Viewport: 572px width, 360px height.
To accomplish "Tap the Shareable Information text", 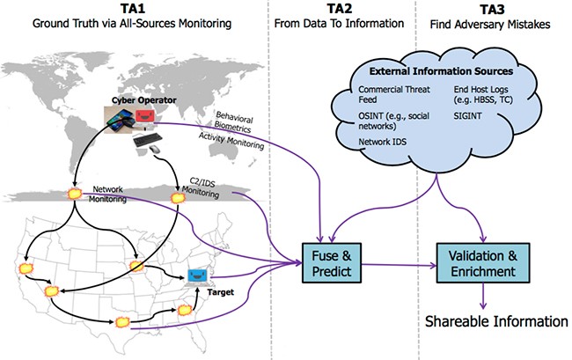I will [x=486, y=320].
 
